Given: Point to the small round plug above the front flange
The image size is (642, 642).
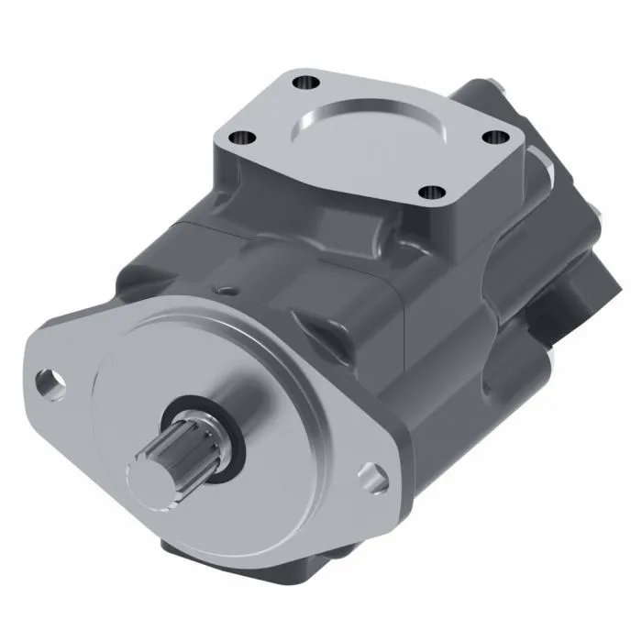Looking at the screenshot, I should click(223, 291).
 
